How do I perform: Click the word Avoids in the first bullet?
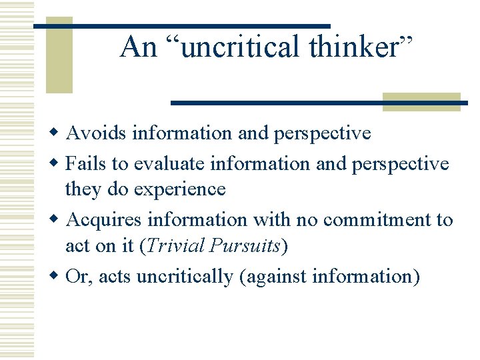coord(97,133)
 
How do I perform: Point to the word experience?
coord(180,189)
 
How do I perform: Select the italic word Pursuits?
coord(245,245)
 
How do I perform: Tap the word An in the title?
coord(139,47)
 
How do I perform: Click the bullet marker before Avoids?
coord(59,133)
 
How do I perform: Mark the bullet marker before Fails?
coord(59,163)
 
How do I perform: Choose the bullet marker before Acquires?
coord(59,219)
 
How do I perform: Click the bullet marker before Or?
coord(59,275)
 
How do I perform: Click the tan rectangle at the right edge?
coord(421,101)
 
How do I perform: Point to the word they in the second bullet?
coord(81,189)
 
